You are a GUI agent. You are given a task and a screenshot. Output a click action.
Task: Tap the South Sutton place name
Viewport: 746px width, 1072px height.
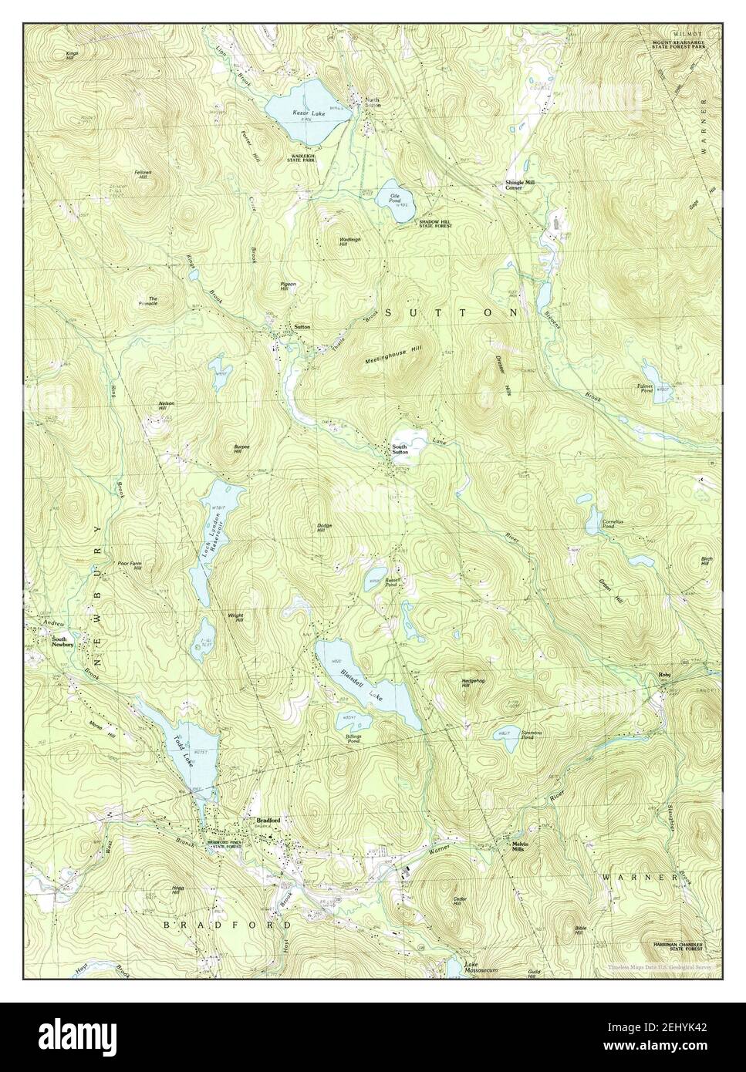click(399, 450)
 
